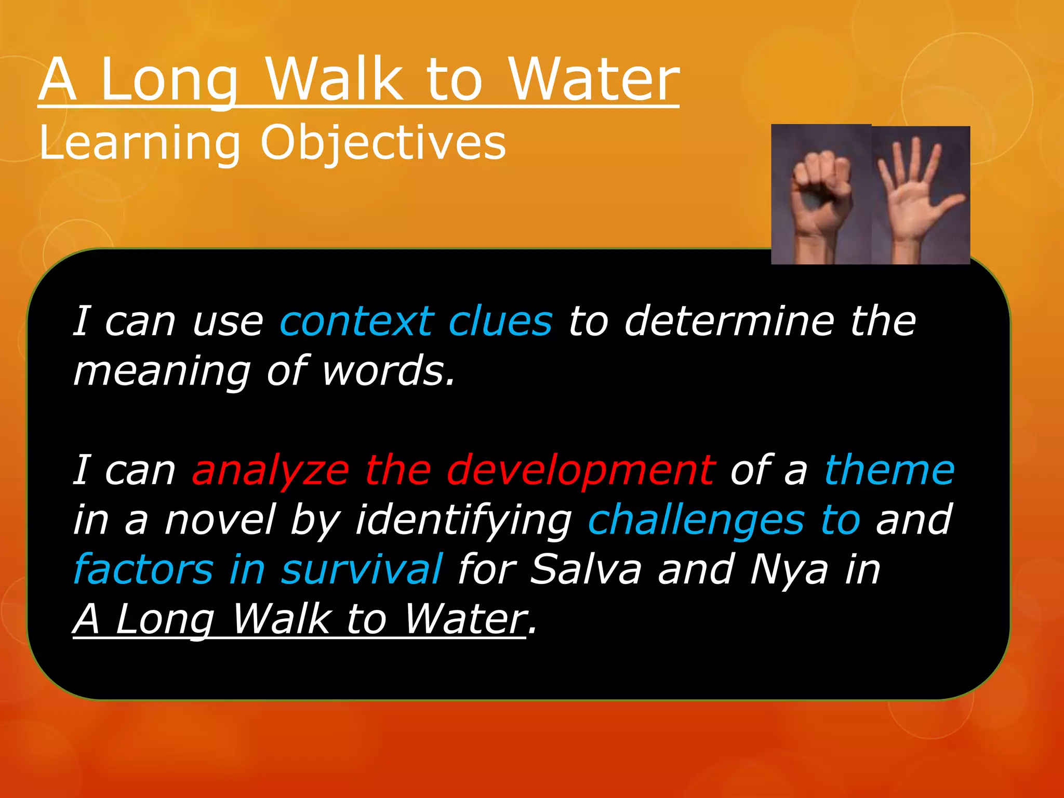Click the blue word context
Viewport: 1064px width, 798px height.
coord(356,322)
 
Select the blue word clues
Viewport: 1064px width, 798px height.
coord(500,322)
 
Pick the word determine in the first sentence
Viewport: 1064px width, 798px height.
coord(729,322)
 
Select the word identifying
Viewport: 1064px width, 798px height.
coord(463,520)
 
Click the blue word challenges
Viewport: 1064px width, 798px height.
coord(696,520)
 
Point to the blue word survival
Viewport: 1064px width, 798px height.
coord(362,569)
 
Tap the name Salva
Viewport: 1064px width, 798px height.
coord(586,569)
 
